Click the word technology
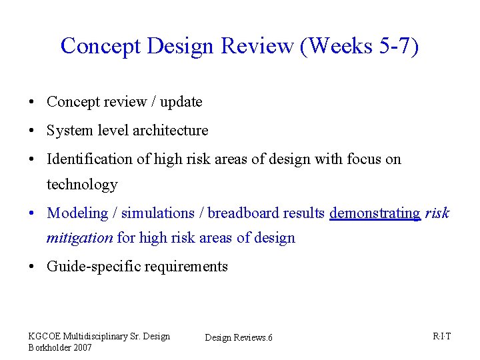pyautogui.click(x=82, y=185)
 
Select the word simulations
pyautogui.click(x=157, y=213)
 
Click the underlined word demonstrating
pyautogui.click(x=375, y=213)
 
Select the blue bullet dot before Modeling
pyautogui.click(x=32, y=214)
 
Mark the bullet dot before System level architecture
pyautogui.click(x=32, y=131)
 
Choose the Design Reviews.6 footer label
pyautogui.click(x=239, y=338)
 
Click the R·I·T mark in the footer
pyautogui.click(x=441, y=336)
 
